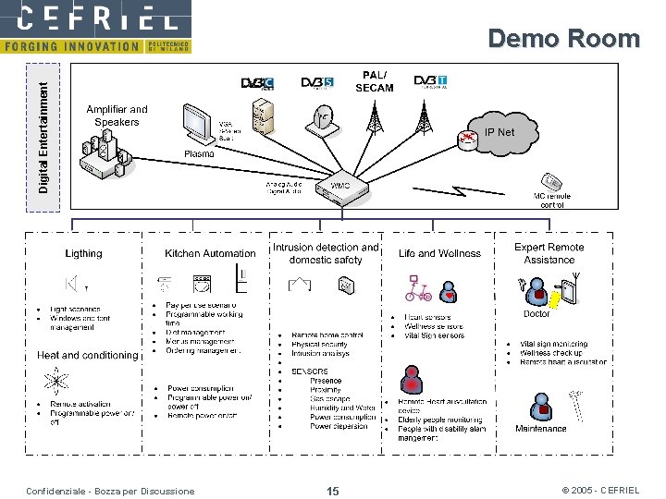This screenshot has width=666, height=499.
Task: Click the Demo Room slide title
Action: (x=563, y=38)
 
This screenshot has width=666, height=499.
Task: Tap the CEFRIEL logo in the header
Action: (x=96, y=18)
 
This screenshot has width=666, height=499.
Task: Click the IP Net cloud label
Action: (x=499, y=132)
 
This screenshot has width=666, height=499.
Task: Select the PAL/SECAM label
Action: (x=375, y=81)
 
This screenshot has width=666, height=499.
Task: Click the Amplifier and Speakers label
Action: (x=117, y=116)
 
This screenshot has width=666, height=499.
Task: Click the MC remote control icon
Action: (x=552, y=181)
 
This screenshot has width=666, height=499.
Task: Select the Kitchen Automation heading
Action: (x=210, y=253)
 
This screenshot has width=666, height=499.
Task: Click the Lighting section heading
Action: (x=84, y=253)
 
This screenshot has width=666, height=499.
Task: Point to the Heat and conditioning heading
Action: (x=87, y=355)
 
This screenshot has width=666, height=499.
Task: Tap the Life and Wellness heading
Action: (x=439, y=253)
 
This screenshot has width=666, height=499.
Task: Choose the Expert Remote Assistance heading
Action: (x=549, y=253)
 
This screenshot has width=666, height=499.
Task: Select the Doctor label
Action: (x=536, y=314)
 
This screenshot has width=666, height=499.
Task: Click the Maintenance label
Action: (x=541, y=429)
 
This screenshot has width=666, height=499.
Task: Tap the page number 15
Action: (x=333, y=491)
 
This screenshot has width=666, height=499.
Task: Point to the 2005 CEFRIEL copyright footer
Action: (x=600, y=491)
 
